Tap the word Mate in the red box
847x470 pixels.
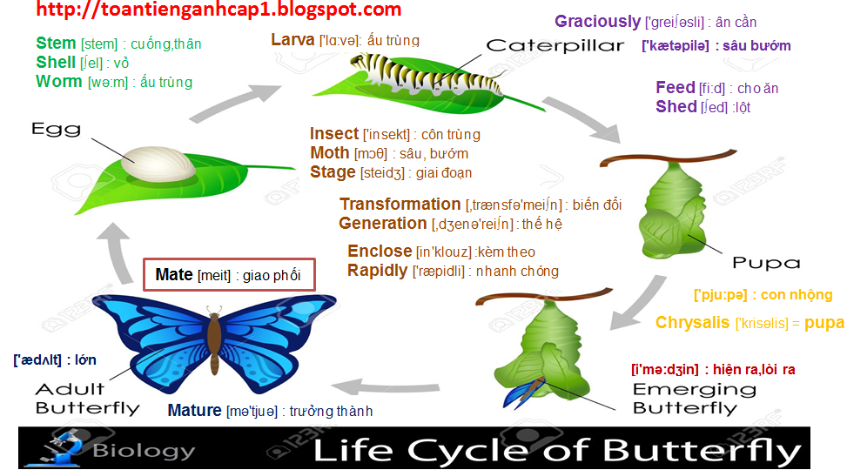173,275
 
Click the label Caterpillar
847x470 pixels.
555,45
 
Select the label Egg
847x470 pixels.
56,129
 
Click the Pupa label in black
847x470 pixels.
765,262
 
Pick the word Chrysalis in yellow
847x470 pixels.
692,323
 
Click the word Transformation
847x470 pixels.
400,205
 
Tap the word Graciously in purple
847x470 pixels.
597,21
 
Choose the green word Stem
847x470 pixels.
56,44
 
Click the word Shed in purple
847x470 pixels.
676,107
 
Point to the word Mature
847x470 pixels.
194,411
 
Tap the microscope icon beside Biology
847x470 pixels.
54,447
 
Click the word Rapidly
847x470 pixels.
377,271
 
